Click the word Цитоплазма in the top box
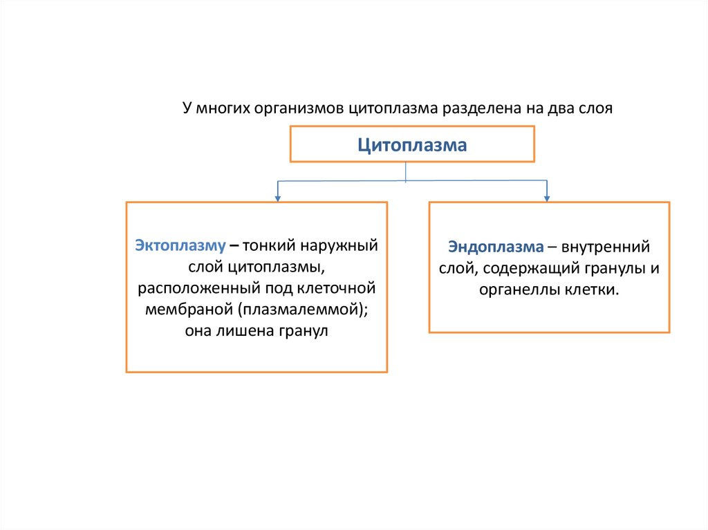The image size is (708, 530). click(x=412, y=145)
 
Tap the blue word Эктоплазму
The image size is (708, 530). click(x=180, y=245)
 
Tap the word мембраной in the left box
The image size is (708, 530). click(x=186, y=309)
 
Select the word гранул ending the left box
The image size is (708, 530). click(x=304, y=330)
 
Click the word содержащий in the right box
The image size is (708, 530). click(x=523, y=268)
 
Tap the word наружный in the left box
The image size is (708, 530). click(x=342, y=245)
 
